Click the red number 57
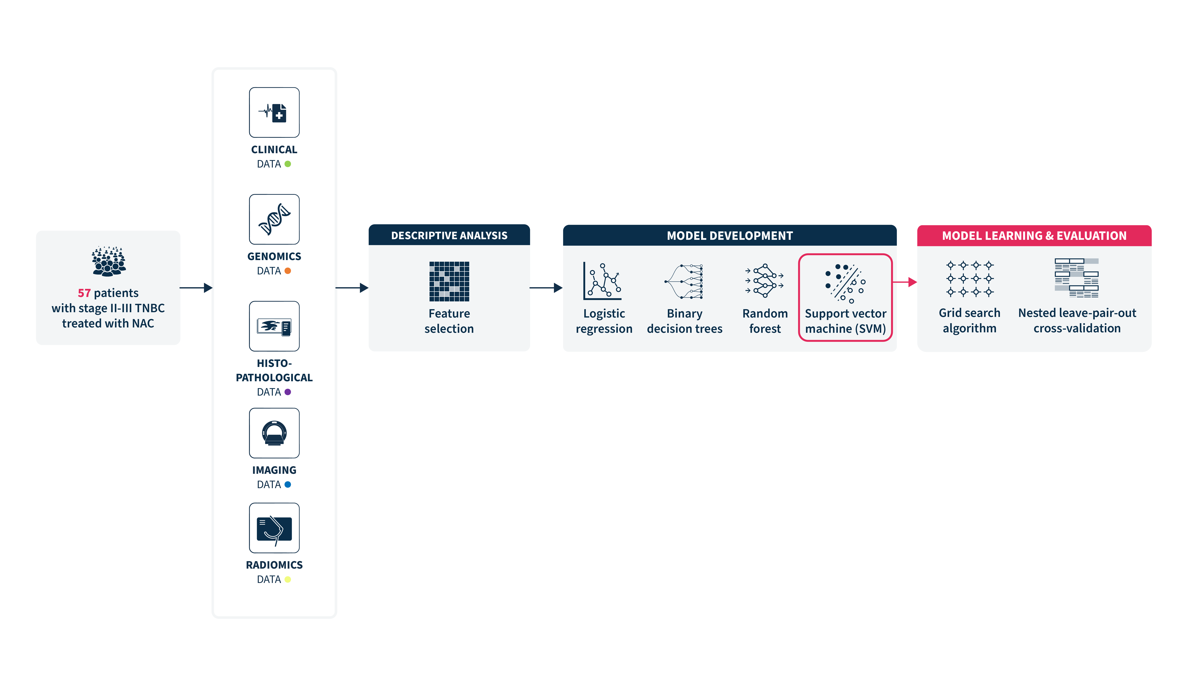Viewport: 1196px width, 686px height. coord(84,293)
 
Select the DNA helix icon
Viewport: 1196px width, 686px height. coord(274,219)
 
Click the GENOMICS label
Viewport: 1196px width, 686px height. coord(274,256)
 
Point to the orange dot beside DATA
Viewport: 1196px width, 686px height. coord(287,271)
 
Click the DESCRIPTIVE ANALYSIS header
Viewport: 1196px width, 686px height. coord(449,236)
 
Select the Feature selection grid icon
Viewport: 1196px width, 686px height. coord(449,281)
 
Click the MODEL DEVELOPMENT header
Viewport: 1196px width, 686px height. coord(729,236)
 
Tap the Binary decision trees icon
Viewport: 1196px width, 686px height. coord(684,281)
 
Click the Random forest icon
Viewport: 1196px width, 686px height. coord(764,280)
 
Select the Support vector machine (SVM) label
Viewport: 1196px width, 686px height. coord(845,321)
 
